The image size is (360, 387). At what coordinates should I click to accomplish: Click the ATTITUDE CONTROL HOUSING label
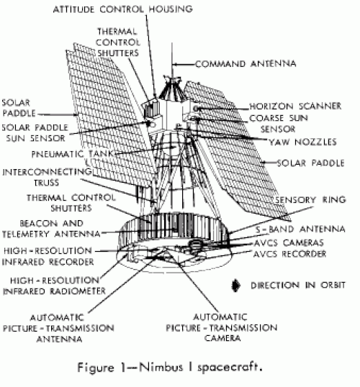click(123, 9)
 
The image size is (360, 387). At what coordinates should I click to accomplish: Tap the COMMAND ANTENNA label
click(246, 64)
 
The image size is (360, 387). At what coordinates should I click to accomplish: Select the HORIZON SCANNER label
click(295, 106)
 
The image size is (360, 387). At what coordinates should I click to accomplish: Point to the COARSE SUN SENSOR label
click(279, 124)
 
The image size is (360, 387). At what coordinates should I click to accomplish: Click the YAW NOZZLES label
click(302, 142)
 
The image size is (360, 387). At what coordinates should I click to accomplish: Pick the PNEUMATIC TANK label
click(72, 154)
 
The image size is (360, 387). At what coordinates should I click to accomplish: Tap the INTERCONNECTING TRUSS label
click(47, 177)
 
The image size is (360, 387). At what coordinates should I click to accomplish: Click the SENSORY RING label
click(310, 200)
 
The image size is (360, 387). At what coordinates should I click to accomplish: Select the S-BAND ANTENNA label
click(300, 229)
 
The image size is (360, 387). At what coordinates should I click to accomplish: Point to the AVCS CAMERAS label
click(289, 243)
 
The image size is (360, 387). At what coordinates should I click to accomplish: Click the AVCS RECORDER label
click(290, 254)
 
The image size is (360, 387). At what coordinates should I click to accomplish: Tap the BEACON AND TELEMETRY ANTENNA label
click(51, 229)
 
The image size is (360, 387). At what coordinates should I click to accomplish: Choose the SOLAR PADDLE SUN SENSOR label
click(35, 133)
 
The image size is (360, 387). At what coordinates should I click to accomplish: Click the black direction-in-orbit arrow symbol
click(236, 286)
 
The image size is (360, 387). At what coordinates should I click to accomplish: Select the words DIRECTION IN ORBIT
click(298, 286)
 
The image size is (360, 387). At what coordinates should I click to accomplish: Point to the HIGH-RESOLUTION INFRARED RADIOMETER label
click(54, 286)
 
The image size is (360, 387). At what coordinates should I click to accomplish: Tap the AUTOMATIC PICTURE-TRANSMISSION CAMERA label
click(222, 327)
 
